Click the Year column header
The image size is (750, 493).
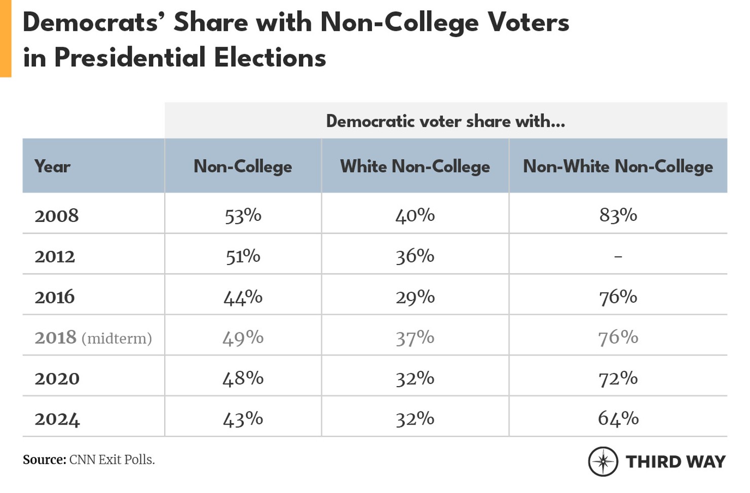tap(52, 166)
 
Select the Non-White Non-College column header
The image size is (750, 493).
tap(618, 166)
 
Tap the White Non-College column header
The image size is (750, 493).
tap(415, 166)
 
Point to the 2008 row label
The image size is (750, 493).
tap(57, 216)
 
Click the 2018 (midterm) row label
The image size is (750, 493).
tap(93, 338)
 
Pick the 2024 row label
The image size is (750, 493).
tap(57, 420)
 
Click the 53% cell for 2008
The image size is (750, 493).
tap(243, 216)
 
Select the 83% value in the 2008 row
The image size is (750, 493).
tap(618, 215)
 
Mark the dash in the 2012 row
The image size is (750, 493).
tap(618, 257)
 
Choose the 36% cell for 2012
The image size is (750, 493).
tap(415, 256)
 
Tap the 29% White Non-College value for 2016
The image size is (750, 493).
tap(415, 297)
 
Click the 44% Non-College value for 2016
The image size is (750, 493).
tap(243, 297)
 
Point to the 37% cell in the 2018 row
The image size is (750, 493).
tap(415, 338)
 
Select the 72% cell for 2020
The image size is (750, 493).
tap(618, 378)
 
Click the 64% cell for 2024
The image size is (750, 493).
tap(618, 419)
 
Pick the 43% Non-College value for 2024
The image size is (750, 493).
tap(243, 419)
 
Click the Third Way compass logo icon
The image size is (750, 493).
tap(603, 462)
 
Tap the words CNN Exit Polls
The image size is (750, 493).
tap(112, 460)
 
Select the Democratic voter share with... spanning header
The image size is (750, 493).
tap(445, 121)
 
